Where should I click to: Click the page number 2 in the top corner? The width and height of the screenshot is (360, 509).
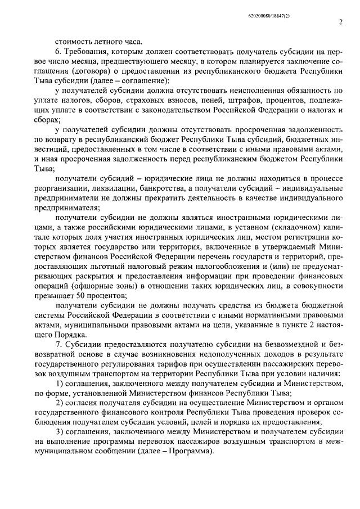click(x=340, y=22)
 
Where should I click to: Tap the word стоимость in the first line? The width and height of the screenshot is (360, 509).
click(x=73, y=40)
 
